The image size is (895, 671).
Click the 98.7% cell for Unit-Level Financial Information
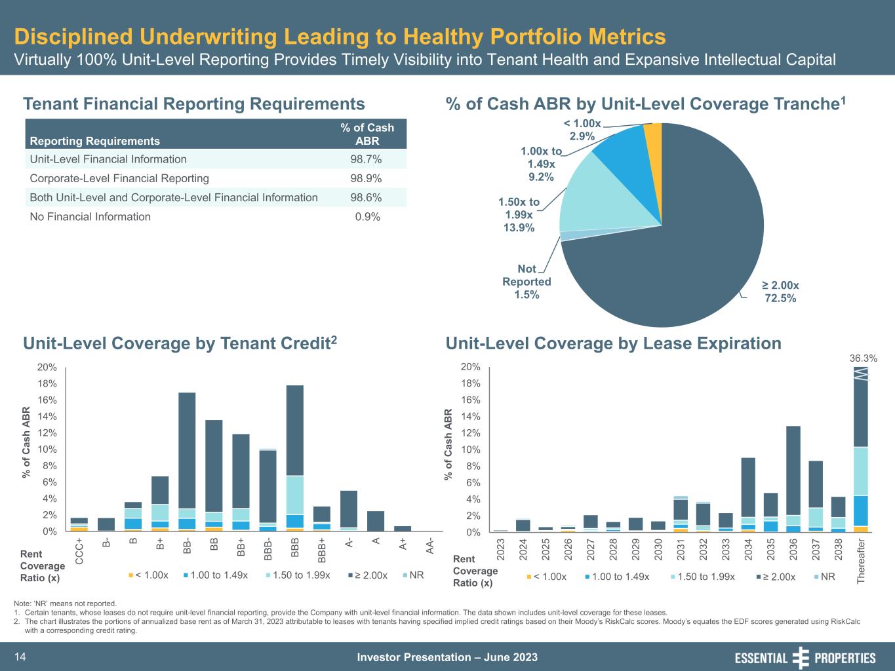click(x=367, y=159)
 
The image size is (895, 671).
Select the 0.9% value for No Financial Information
click(x=367, y=217)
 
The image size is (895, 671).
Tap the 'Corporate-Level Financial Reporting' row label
click(x=119, y=178)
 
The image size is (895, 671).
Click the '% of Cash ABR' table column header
click(x=367, y=134)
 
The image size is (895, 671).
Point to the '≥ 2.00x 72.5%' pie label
click(x=780, y=292)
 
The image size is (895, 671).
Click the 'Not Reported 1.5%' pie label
click(x=527, y=282)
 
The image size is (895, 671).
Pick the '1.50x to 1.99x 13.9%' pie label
click(x=519, y=215)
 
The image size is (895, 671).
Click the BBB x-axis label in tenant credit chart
click(x=295, y=546)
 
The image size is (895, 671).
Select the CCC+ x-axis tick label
click(x=79, y=551)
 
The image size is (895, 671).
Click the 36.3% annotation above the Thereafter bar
click(x=863, y=358)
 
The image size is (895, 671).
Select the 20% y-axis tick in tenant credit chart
click(x=48, y=367)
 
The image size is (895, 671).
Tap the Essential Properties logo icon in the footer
click(x=801, y=657)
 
